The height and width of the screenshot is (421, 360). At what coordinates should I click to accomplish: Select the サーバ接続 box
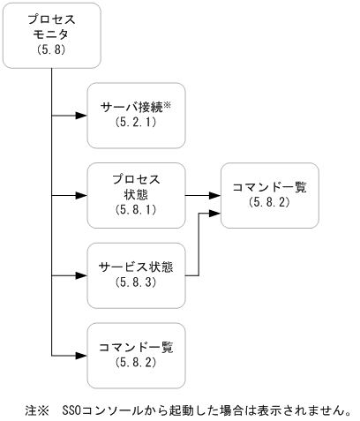(137, 116)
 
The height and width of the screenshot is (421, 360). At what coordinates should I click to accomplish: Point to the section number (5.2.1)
(137, 124)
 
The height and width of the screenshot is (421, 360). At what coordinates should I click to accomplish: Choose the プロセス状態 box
(137, 192)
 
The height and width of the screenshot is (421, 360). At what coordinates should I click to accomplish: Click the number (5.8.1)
(137, 209)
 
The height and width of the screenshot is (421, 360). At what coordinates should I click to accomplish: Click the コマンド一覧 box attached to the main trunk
(137, 355)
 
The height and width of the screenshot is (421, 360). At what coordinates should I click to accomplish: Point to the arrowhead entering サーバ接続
(84, 115)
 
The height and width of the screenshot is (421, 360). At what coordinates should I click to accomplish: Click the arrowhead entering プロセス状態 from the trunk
(84, 192)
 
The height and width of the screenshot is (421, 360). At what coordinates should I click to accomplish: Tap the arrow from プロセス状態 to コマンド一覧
(203, 192)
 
